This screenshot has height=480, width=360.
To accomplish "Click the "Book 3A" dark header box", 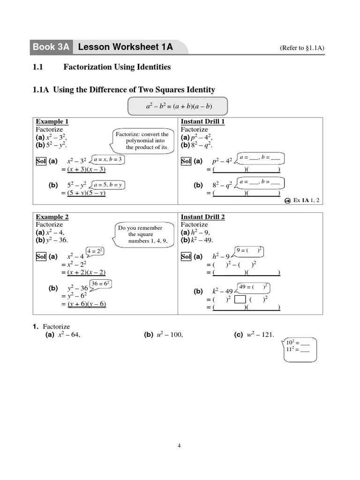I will pos(51,47).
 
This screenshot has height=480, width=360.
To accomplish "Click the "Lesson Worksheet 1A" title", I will pos(126,47).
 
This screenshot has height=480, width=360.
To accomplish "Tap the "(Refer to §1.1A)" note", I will pos(302,48).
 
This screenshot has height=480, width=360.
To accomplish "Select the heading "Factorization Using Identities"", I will pos(117,67).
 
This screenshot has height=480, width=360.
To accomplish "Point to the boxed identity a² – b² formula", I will pos(178,106).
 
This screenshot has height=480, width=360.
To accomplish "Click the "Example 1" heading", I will pos(52,122).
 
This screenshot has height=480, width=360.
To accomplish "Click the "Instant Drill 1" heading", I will pos(202,122).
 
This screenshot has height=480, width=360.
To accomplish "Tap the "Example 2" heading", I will pos(52,217).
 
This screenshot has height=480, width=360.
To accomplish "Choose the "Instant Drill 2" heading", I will pos(202,217).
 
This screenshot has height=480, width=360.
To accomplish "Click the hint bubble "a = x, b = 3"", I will pos(108,159).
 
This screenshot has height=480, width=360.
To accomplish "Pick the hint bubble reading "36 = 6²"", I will pos(101,284).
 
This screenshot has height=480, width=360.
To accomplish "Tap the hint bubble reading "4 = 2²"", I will pos(95,251).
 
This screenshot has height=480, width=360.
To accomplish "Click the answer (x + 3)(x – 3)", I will pos(86,170).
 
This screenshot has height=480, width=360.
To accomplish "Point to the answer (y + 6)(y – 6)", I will pos(87,304).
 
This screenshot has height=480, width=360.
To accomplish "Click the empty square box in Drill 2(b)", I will pos(240,299).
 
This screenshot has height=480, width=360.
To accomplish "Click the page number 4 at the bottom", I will pos(179,446).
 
